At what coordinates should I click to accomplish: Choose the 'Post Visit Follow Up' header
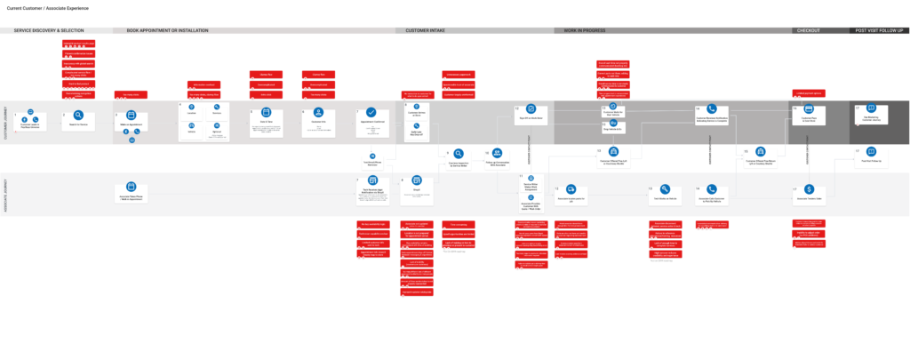(879, 30)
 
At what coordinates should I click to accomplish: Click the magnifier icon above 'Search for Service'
(78, 116)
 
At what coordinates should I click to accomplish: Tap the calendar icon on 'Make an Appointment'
(131, 116)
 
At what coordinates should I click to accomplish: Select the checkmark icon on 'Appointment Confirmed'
(371, 114)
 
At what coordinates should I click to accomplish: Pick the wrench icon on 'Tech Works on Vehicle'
(663, 188)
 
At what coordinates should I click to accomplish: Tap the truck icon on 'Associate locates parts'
(570, 188)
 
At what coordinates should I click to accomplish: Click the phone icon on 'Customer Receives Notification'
(712, 110)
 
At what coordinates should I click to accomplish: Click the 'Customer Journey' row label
(5, 123)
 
